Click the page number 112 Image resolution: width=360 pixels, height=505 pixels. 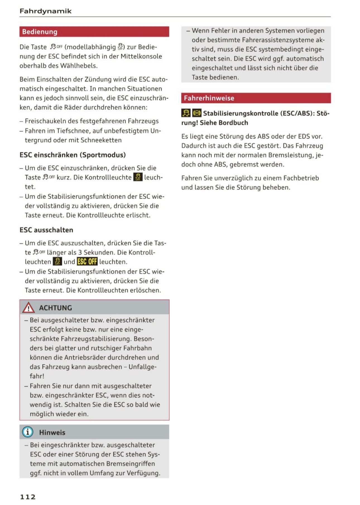pyautogui.click(x=28, y=497)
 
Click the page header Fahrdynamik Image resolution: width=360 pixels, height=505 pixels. pyautogui.click(x=45, y=11)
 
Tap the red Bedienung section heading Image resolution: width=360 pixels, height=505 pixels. pyautogui.click(x=40, y=32)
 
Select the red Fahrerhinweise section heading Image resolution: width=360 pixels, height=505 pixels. pyautogui.click(x=209, y=98)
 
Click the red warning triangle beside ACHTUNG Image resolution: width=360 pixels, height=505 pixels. pyautogui.click(x=28, y=308)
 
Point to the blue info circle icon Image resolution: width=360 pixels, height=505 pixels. pyautogui.click(x=28, y=432)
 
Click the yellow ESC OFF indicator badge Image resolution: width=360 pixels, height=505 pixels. pyautogui.click(x=87, y=262)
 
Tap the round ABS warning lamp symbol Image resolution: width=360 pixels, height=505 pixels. pyautogui.click(x=197, y=113)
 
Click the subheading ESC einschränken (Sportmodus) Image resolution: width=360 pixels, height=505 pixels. pyautogui.click(x=73, y=155)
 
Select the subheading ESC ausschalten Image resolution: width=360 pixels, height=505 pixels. pyautogui.click(x=46, y=230)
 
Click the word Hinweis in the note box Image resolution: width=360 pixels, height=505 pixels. pyautogui.click(x=52, y=432)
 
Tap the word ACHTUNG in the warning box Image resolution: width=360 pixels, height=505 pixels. pyautogui.click(x=56, y=308)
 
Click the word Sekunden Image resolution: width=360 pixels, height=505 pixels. pyautogui.click(x=99, y=252)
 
